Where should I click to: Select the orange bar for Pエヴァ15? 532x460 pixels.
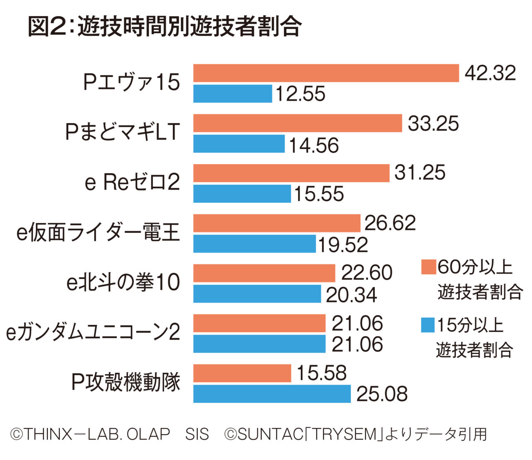coord(326,73)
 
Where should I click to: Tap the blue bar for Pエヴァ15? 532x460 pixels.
coord(232,94)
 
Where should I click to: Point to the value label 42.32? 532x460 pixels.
coord(490,73)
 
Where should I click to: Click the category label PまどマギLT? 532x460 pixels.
coord(123,133)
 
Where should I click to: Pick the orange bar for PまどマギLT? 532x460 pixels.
coord(298,124)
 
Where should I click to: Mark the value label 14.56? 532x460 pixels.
coord(314,145)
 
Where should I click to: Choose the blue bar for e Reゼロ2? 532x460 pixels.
coord(242,194)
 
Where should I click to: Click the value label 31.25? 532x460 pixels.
coord(420,173)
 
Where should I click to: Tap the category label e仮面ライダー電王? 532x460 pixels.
coord(98,232)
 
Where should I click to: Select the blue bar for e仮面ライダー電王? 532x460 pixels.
coord(254,244)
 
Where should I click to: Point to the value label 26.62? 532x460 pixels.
coord(390,223)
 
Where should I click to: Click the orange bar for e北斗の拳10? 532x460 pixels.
coord(264,273)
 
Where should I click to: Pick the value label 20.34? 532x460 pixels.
coord(351,295)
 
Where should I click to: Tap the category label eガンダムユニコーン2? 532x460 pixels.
coord(93,332)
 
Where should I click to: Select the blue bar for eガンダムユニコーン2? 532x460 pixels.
coord(259,344)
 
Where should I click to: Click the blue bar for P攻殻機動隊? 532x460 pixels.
coord(272,394)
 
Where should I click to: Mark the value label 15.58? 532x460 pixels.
coord(321,373)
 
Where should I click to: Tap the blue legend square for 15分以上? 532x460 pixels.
coord(428,325)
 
